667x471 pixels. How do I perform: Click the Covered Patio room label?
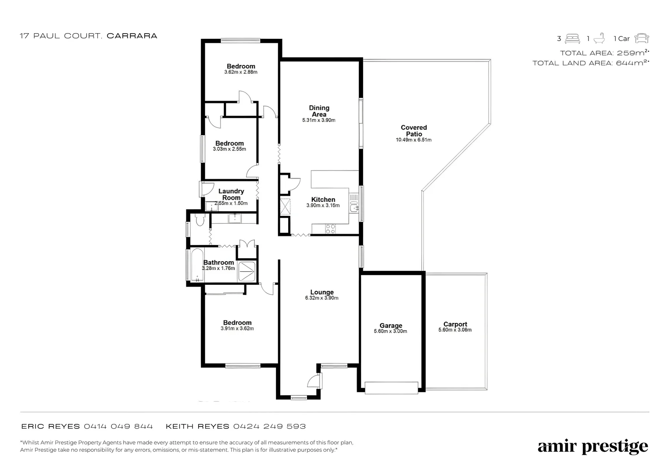click(414, 131)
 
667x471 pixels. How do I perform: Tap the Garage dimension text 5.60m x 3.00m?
click(390, 331)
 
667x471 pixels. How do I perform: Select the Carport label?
click(455, 324)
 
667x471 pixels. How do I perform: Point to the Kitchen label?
click(323, 199)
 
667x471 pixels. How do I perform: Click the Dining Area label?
click(319, 111)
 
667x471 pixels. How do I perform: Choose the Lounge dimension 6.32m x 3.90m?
click(322, 298)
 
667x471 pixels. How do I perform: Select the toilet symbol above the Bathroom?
click(200, 221)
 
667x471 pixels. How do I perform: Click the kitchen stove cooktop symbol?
click(330, 229)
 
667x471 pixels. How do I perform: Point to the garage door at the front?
click(391, 388)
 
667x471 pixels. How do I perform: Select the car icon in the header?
click(641, 38)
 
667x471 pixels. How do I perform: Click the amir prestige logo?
click(592, 447)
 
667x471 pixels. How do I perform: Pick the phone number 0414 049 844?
click(118, 427)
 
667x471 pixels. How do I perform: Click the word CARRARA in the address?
click(132, 36)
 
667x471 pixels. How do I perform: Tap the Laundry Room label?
click(231, 194)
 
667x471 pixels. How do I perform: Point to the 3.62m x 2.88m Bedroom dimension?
click(241, 72)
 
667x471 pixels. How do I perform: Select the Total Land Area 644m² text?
click(591, 63)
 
